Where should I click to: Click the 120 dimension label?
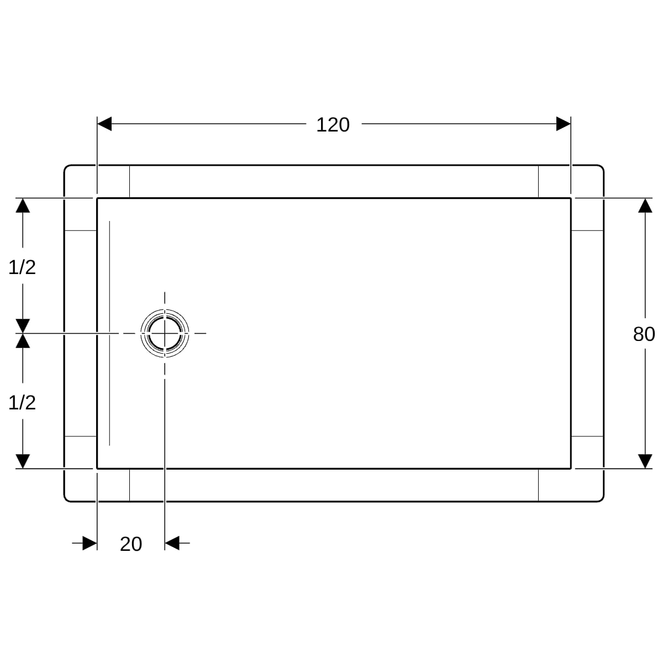[x=333, y=124]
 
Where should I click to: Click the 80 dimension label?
[x=644, y=334]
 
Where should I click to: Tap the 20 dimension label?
[x=131, y=544]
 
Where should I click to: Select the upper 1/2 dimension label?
[x=22, y=267]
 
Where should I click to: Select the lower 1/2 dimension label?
[x=22, y=403]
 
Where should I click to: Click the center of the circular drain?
[x=165, y=333]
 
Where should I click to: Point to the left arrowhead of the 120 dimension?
[x=104, y=124]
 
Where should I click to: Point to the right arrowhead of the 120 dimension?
[x=564, y=124]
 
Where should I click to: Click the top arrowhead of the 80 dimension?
[x=645, y=206]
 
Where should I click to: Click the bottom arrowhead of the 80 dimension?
[x=645, y=461]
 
